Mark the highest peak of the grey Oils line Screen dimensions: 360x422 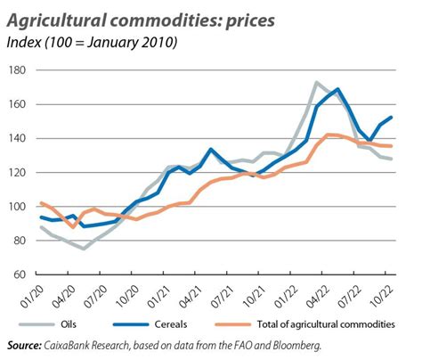click(x=317, y=83)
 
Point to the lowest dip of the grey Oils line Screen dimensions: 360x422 click(x=84, y=249)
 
